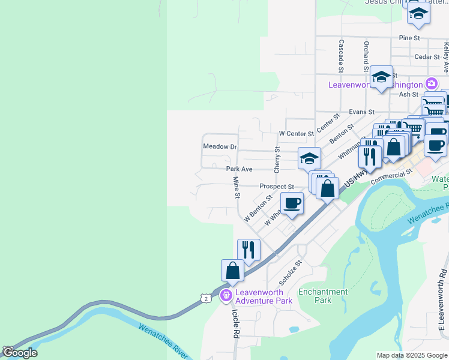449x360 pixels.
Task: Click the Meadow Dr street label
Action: click(x=220, y=146)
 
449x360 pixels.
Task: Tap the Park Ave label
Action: click(x=239, y=169)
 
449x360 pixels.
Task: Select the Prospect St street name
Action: click(x=276, y=187)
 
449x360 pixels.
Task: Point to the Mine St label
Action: click(x=237, y=188)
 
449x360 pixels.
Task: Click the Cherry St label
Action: click(x=277, y=160)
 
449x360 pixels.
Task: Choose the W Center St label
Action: click(x=296, y=133)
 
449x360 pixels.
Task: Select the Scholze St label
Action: click(x=291, y=272)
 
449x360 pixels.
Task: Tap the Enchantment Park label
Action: click(x=323, y=296)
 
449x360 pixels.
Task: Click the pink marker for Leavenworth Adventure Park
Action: click(x=226, y=295)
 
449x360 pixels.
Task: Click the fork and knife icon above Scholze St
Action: click(x=249, y=249)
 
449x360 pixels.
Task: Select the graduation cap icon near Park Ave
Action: click(x=309, y=158)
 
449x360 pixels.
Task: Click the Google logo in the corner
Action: click(x=19, y=352)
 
